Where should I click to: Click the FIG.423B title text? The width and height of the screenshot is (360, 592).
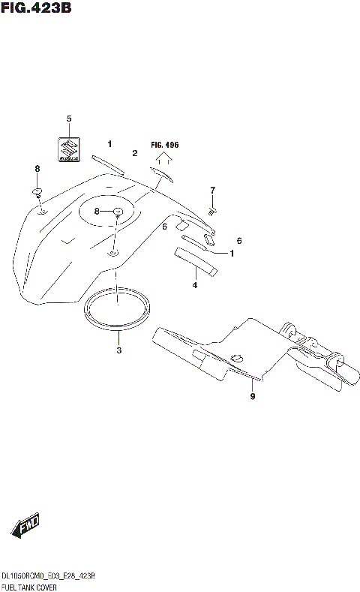tap(36, 10)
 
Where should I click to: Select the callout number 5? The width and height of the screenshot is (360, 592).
tap(69, 119)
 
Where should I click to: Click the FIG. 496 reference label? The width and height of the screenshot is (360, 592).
tap(165, 144)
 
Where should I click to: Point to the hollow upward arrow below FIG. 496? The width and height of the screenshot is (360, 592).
tap(164, 158)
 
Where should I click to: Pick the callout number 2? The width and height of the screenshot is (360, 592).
tap(134, 153)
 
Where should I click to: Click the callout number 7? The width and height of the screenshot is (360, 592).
tap(212, 190)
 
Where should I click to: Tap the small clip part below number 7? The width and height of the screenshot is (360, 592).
tap(212, 211)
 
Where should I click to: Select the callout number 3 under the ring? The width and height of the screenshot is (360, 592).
tap(118, 350)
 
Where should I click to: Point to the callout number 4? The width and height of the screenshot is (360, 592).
tap(194, 285)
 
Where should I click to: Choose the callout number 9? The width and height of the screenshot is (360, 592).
tap(253, 396)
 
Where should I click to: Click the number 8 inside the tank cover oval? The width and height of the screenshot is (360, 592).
tap(97, 212)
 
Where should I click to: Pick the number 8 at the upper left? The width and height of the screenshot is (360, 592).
tap(37, 170)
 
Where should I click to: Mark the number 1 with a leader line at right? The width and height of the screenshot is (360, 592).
tap(232, 254)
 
